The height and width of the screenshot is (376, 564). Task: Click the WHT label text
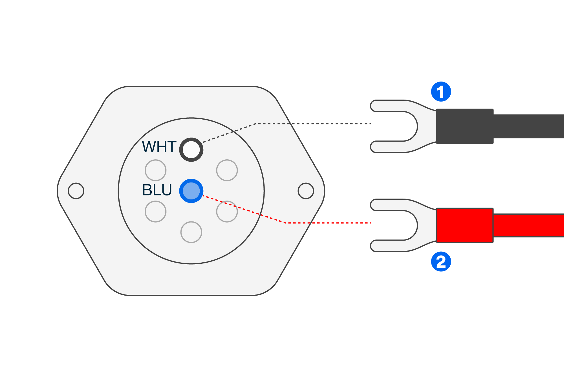(x=159, y=147)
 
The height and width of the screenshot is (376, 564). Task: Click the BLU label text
(x=157, y=190)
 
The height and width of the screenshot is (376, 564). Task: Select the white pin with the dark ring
(x=191, y=149)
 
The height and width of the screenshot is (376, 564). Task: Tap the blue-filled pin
(x=191, y=191)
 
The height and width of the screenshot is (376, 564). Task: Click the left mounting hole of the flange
(x=76, y=191)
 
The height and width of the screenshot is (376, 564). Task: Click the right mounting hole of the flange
(x=306, y=191)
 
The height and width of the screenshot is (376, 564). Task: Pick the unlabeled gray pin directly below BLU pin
(x=191, y=232)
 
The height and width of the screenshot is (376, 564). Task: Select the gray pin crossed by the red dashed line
(x=227, y=212)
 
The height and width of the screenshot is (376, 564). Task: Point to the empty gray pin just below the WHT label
(x=155, y=170)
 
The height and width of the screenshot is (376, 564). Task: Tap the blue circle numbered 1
(x=441, y=92)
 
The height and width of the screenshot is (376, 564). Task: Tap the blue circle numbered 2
(x=441, y=262)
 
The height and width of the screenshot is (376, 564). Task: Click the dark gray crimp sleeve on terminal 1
(x=465, y=126)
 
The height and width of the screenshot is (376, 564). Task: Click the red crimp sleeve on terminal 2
(x=465, y=225)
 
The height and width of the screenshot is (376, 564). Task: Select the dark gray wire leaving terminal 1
(x=529, y=126)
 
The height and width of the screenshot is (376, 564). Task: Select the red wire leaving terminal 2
(x=529, y=225)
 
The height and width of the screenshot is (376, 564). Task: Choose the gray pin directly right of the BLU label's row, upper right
(x=227, y=170)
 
